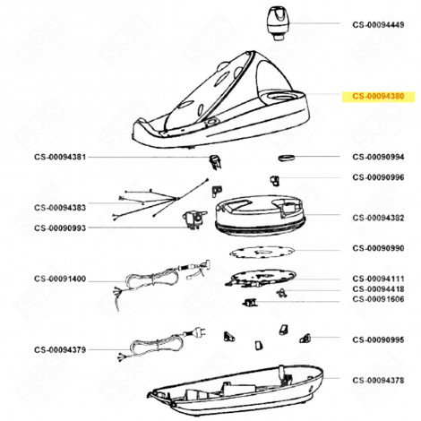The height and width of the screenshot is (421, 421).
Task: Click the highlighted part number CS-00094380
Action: (381, 97)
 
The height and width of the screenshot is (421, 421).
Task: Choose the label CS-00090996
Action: (381, 177)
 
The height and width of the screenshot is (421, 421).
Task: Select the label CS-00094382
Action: (381, 217)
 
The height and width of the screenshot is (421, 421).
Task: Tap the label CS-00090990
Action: (381, 247)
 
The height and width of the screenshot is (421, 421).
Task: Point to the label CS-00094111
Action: (381, 279)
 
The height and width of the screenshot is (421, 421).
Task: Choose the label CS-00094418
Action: (381, 289)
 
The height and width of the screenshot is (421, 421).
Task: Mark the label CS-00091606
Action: (381, 301)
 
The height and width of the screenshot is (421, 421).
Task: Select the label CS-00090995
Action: (381, 339)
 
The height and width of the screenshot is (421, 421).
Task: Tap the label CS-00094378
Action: (381, 379)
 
